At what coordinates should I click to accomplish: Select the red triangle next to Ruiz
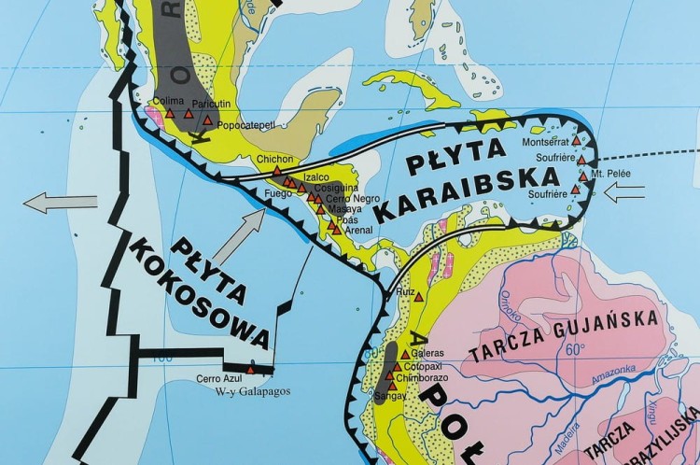point(418,297)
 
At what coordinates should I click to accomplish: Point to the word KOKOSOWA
point(201,293)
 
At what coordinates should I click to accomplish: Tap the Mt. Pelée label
point(608,175)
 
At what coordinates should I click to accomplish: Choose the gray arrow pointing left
point(60,202)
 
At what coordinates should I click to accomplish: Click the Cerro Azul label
point(218,379)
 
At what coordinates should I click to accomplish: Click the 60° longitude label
point(576,349)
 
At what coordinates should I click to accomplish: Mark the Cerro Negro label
point(353,198)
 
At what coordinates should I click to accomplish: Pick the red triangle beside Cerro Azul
point(250,369)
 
